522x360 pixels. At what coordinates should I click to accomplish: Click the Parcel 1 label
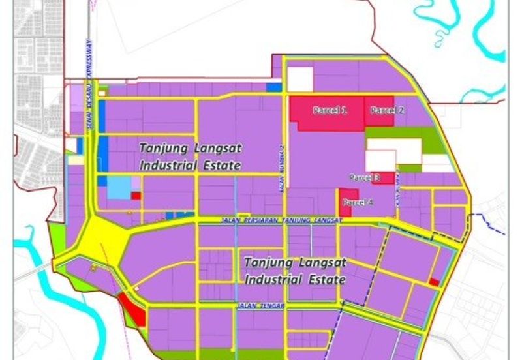tap(330, 111)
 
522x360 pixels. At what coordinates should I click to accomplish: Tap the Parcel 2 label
tap(387, 111)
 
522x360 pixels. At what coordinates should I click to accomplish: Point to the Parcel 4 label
tap(358, 203)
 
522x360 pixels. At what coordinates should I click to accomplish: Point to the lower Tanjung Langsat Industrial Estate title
tap(294, 271)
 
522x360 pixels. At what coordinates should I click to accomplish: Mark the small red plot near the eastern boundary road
tap(434, 282)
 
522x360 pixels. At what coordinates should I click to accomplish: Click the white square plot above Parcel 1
tap(300, 79)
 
